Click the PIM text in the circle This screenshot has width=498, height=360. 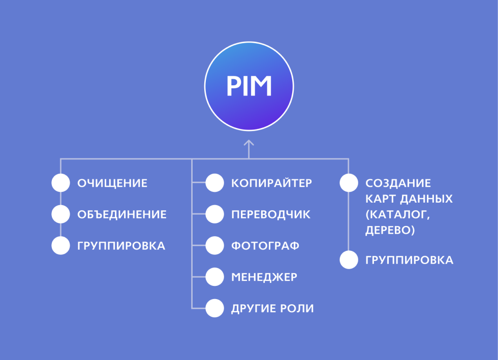click(x=249, y=86)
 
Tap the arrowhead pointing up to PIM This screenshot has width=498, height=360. click(x=248, y=143)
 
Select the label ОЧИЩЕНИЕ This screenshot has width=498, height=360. click(x=112, y=183)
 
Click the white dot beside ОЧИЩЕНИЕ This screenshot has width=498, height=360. click(x=60, y=183)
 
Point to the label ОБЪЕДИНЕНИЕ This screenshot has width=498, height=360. click(x=122, y=215)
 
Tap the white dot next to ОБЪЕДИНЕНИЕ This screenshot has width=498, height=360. click(x=60, y=214)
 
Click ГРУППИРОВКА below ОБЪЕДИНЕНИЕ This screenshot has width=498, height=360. click(x=121, y=246)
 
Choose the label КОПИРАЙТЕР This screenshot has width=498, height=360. click(x=271, y=183)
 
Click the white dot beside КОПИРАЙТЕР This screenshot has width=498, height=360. click(x=214, y=183)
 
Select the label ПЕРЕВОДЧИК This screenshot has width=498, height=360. click(x=270, y=215)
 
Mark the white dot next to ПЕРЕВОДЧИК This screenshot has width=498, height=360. click(x=214, y=214)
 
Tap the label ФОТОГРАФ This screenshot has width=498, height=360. click(x=265, y=246)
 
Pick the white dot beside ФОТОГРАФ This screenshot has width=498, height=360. click(x=214, y=245)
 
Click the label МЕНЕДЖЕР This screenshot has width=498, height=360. click(x=264, y=277)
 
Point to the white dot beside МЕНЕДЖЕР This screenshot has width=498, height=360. click(x=214, y=277)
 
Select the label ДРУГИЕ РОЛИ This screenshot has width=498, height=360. click(x=272, y=309)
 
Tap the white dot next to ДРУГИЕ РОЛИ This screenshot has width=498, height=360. click(x=214, y=308)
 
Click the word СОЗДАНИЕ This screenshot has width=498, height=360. click(x=398, y=183)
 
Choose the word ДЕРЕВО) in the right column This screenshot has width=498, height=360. click(x=390, y=230)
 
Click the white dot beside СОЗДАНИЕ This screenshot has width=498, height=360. click(x=349, y=183)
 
